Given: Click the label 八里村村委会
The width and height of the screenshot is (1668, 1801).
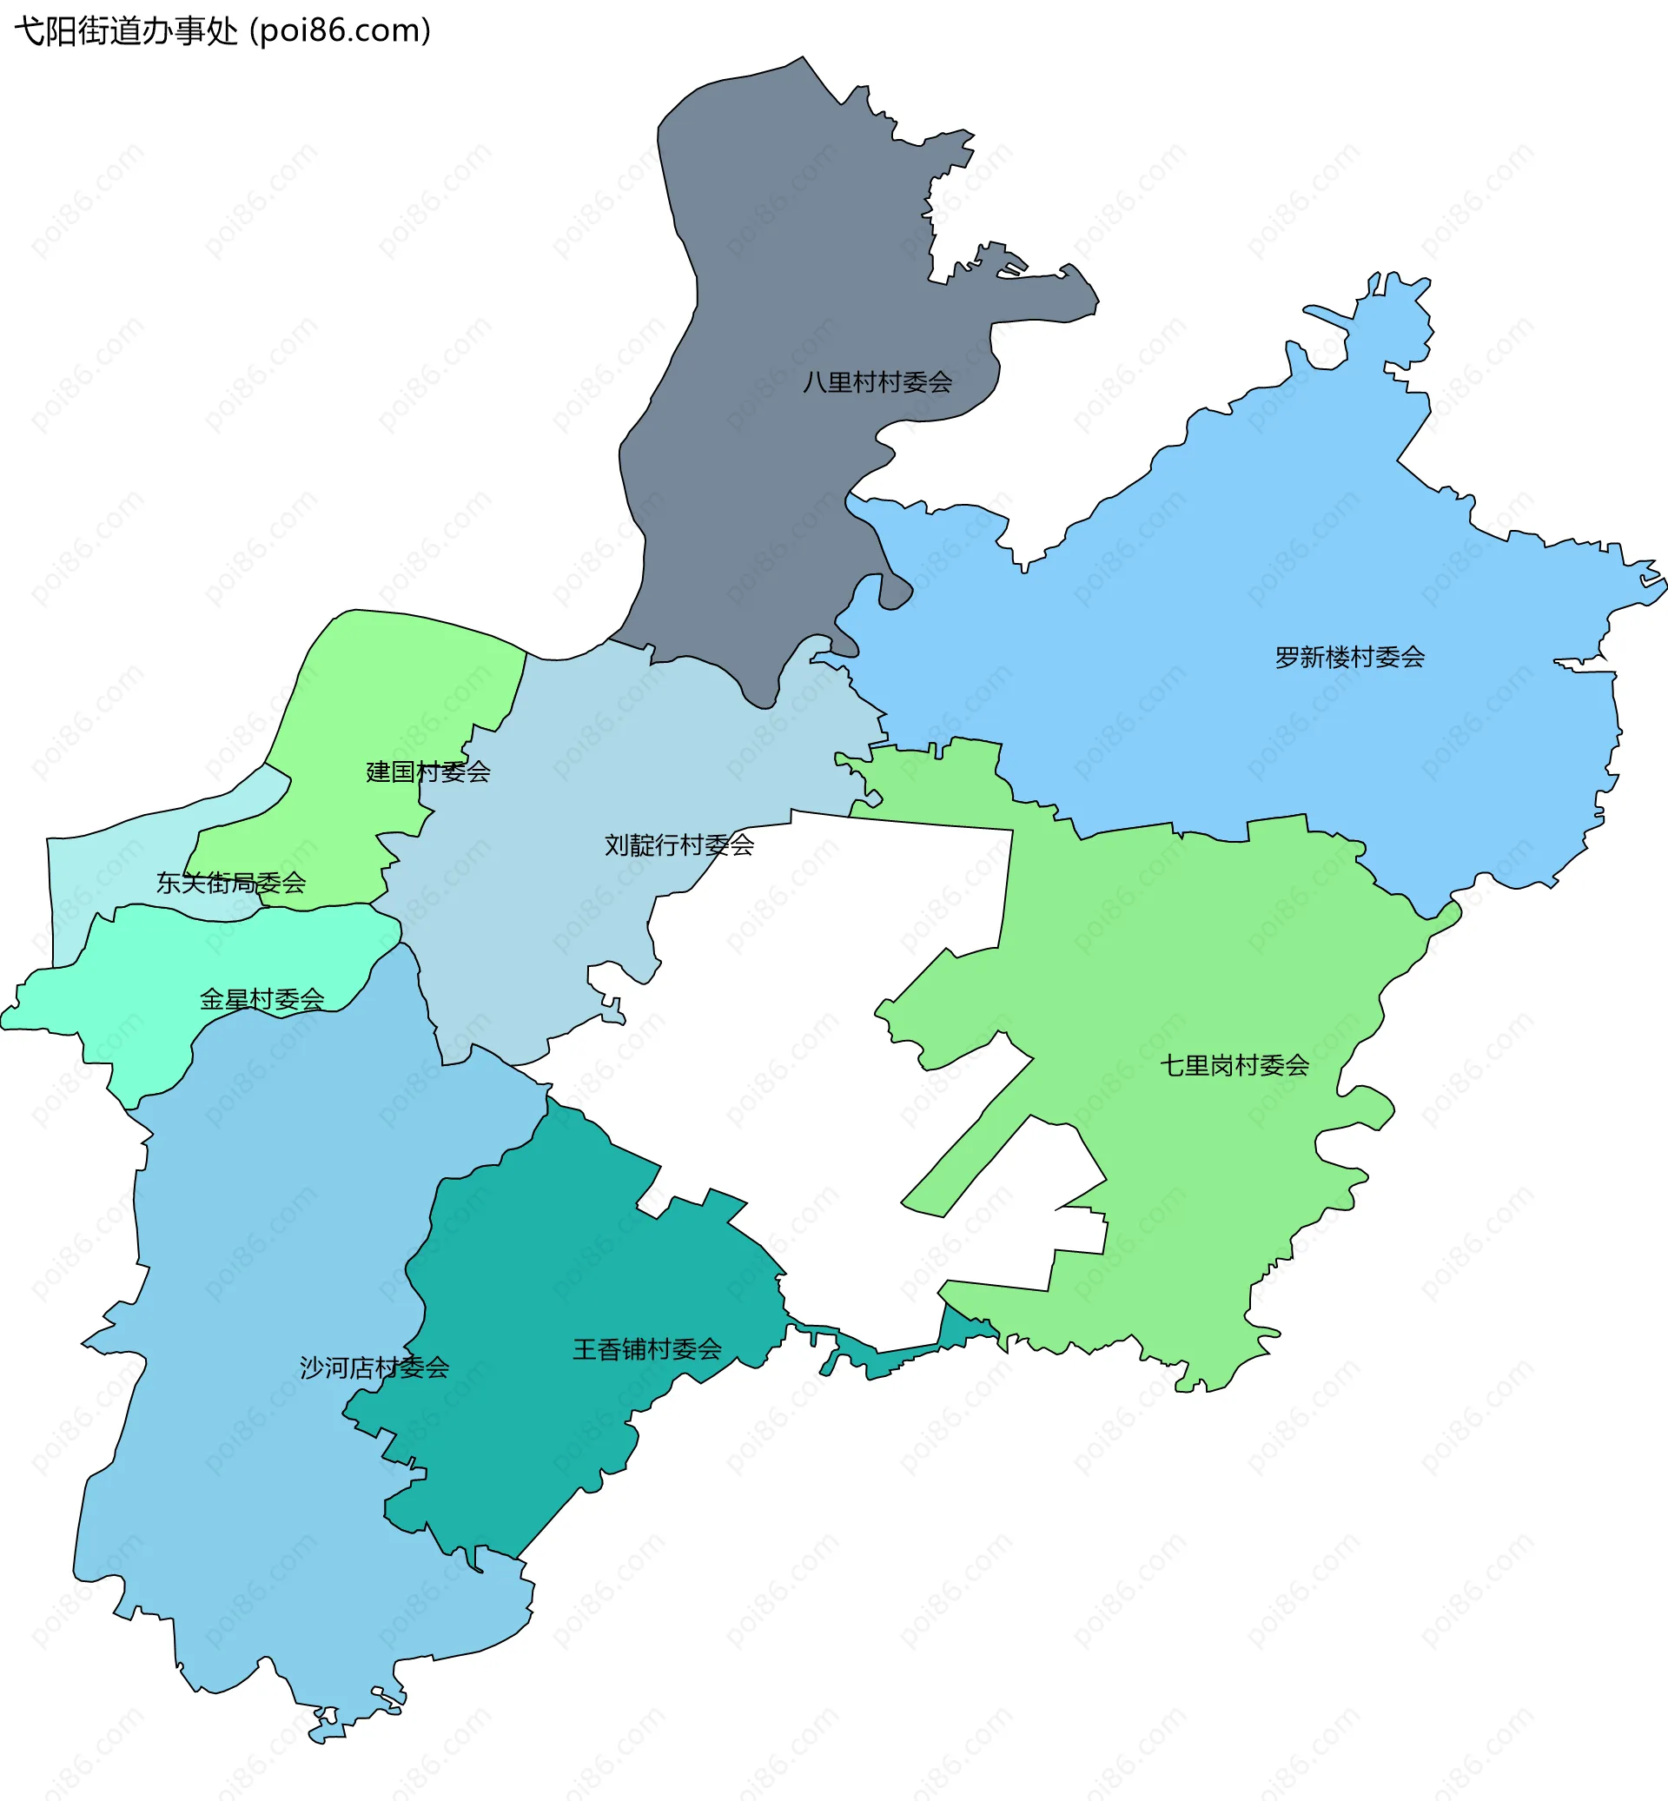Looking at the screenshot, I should (x=877, y=383).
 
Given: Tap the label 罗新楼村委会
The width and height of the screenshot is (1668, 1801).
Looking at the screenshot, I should (x=1349, y=657).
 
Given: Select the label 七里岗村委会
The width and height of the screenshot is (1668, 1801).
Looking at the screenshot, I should (x=1234, y=1065).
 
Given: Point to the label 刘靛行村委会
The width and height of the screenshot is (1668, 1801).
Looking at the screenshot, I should (x=678, y=845).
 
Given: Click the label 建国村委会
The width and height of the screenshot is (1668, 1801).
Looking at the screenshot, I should (x=427, y=771).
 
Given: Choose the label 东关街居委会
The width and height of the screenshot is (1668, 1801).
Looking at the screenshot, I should (x=231, y=883).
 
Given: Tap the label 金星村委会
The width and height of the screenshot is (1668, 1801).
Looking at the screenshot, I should (x=261, y=999).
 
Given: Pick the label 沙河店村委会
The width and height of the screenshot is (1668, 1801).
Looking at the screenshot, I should (x=374, y=1367).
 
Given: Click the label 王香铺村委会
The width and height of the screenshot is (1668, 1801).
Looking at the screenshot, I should (x=647, y=1349).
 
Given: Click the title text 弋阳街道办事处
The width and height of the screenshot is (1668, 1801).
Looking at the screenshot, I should (x=126, y=30).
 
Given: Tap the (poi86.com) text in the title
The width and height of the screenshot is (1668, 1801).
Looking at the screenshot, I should (x=341, y=30).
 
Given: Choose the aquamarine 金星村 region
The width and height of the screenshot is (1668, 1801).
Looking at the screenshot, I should (x=136, y=984).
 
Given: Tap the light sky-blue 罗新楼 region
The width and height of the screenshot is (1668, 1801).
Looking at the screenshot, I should (x=1264, y=560).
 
